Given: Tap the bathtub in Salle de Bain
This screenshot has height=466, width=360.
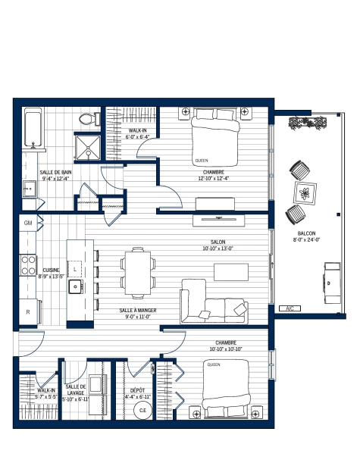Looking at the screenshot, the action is point(33,128).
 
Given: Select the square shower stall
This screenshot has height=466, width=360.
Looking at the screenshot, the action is point(88,148).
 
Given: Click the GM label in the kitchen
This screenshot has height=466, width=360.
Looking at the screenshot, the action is point(28,223).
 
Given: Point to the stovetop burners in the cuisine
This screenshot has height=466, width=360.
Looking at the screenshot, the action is point(28,265).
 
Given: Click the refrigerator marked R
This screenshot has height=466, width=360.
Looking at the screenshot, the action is point(29,311).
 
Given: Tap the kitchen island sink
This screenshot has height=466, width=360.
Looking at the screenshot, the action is point(76,286).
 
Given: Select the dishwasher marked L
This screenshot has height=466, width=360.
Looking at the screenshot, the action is point(75,269).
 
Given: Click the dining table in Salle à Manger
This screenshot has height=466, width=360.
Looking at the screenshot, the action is point(138,273).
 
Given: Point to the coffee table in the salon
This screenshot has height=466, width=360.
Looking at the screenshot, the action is point(231,272).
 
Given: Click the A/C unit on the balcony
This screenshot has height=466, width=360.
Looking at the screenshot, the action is point(290,308).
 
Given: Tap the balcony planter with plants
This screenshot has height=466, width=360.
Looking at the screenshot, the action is point(308,123).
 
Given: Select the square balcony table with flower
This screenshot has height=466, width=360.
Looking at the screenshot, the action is point(305,193).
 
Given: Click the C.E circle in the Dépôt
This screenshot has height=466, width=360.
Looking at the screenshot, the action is point(142,410).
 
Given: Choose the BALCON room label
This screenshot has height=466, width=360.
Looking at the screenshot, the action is point(306,233).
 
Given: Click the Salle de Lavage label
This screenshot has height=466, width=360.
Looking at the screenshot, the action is point(76,389).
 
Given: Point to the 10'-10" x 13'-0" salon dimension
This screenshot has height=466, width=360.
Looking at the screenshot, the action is point(218,249).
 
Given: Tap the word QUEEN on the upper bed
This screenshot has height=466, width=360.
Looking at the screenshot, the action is point(202,161).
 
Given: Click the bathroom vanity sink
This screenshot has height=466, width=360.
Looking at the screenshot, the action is point(30,189).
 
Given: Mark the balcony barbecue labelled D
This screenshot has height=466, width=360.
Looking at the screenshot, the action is point(332,283).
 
